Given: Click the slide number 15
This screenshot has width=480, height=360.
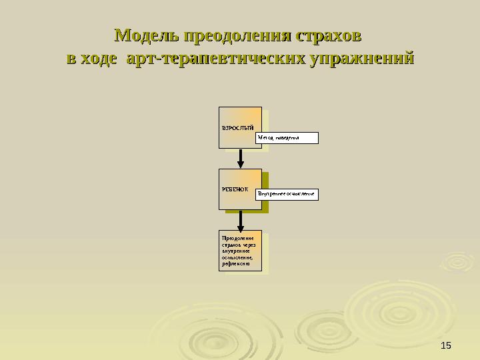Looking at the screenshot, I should pos(446,344).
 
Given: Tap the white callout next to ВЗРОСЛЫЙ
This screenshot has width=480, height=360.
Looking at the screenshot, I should pos(287,138).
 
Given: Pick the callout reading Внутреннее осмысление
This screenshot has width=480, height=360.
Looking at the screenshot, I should pos(287,195).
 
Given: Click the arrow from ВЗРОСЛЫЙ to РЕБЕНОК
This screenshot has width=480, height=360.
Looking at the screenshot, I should pos(241,159).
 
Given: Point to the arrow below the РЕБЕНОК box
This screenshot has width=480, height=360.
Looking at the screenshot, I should pos(241,219).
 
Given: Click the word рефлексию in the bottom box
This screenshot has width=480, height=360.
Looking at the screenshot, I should pos(236,264).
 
